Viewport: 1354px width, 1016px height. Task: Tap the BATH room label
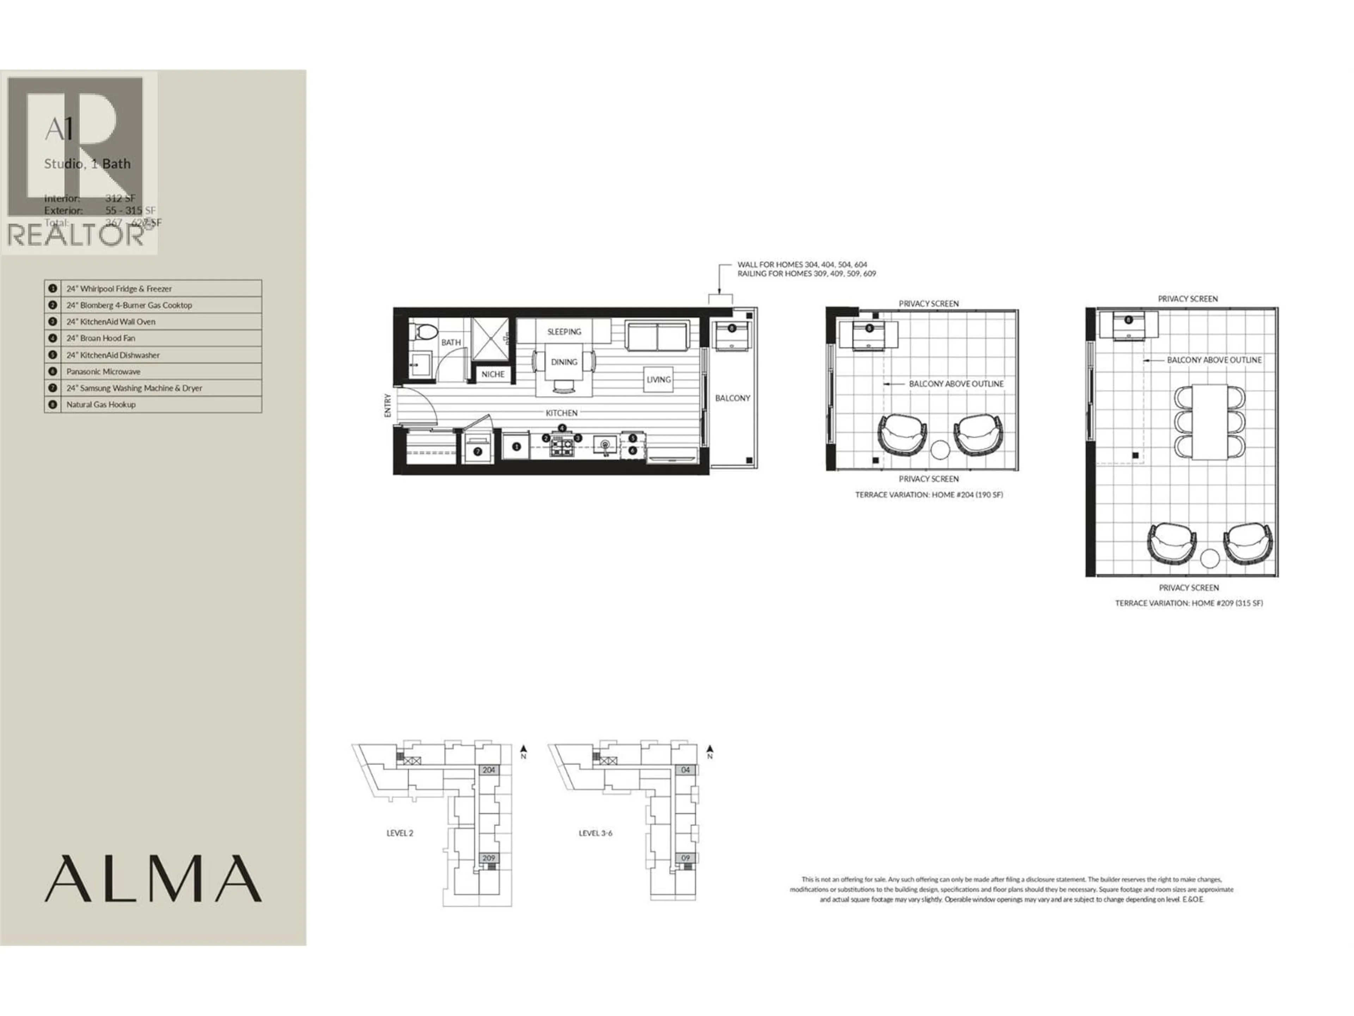pos(451,342)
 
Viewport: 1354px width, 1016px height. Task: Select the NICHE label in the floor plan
pos(493,374)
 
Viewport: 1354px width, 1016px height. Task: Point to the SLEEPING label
pos(564,332)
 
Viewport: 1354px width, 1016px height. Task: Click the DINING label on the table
pos(564,362)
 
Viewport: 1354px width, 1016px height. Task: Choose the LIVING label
pos(659,380)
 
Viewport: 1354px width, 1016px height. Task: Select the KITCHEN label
pos(561,413)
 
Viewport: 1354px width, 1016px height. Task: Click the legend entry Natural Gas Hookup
pos(153,405)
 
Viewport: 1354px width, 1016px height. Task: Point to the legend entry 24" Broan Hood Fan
pos(153,338)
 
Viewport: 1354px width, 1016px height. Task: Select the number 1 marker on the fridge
pos(516,447)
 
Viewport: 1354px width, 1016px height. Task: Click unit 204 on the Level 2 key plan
pos(488,770)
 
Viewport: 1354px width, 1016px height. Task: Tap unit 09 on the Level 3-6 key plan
pos(685,858)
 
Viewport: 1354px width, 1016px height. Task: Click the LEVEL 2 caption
pos(400,834)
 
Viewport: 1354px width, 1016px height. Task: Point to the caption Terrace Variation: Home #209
pos(1188,603)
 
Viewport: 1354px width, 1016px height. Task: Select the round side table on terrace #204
pos(940,450)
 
